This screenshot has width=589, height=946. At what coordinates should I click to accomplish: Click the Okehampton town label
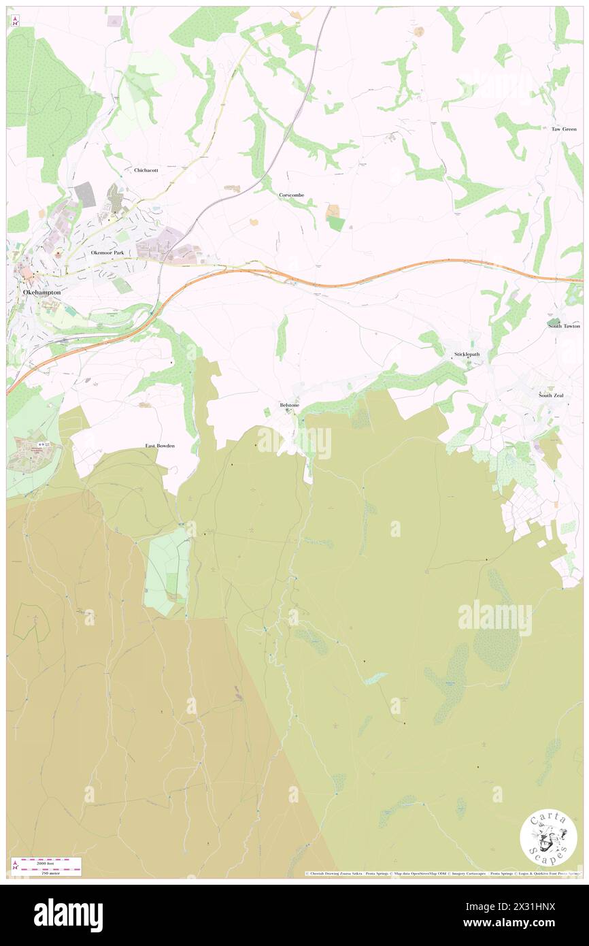[x=42, y=292]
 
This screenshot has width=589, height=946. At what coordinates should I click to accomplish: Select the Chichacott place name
[x=146, y=170]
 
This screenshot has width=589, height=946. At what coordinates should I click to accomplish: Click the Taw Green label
[x=564, y=129]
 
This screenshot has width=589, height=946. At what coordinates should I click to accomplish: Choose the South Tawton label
[x=565, y=326]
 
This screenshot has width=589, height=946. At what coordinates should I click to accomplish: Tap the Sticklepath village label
[x=467, y=355]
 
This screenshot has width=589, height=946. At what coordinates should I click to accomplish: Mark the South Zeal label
[x=551, y=395]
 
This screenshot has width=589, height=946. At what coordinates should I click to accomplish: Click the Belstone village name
[x=290, y=405]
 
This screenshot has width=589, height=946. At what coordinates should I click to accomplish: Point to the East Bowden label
[x=160, y=446]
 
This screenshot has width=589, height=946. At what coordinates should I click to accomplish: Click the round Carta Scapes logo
[x=548, y=839]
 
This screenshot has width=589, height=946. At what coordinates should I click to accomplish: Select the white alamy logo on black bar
[x=69, y=915]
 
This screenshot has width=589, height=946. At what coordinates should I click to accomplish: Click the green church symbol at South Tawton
[x=554, y=321]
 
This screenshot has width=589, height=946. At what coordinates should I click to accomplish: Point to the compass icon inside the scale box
[x=16, y=865]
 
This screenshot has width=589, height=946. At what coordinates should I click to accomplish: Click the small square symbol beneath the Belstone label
[x=288, y=411]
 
